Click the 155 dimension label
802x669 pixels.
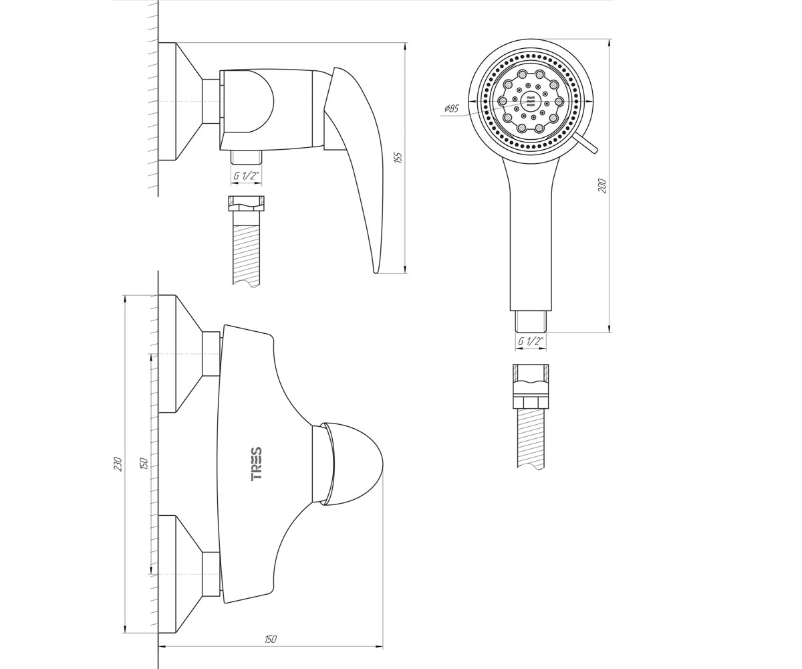(x=399, y=157)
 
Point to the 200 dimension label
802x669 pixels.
(x=602, y=186)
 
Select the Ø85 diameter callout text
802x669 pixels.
(x=451, y=109)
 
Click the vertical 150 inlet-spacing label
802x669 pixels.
(x=144, y=463)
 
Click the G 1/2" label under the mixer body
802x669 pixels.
(x=246, y=176)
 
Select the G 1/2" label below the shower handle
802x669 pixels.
(x=531, y=341)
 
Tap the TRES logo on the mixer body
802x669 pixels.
(x=257, y=464)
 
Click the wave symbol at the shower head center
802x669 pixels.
(x=531, y=101)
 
